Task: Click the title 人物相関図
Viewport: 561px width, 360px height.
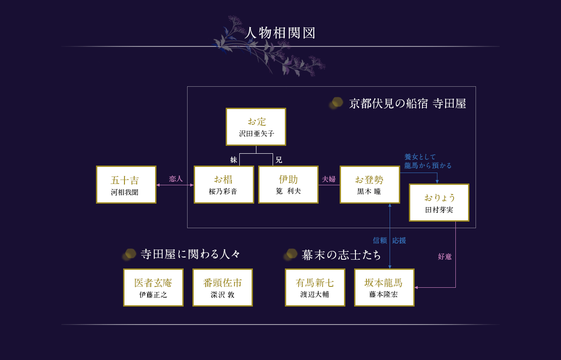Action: pos(280,33)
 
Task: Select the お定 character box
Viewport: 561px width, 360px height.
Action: pos(256,127)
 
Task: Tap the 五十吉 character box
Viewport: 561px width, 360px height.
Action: pos(126,184)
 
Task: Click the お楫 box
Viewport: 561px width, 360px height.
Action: pos(224,184)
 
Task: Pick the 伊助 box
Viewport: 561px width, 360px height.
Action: pos(288,184)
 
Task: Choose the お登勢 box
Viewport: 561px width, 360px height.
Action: pos(370,184)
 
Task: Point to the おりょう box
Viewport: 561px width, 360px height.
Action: pos(439,202)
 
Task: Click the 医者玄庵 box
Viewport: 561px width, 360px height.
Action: pos(153,287)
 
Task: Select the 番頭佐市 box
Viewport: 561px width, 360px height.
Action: pos(223,287)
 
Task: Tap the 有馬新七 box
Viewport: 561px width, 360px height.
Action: pos(315,287)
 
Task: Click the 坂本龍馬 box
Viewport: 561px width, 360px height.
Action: pos(384,287)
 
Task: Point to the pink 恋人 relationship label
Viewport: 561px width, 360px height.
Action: pos(176,179)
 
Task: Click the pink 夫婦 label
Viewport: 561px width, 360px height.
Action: pos(329,179)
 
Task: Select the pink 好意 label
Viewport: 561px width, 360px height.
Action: pos(445,257)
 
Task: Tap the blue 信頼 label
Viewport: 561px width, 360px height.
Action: pos(380,240)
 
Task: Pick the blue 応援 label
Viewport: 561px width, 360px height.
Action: pos(399,240)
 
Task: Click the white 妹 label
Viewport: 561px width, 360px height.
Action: pos(234,160)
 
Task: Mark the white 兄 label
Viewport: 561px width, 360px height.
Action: pos(279,160)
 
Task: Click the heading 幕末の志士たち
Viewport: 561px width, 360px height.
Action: pos(341,255)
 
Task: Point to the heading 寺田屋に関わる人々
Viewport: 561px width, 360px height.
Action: pos(191,254)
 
